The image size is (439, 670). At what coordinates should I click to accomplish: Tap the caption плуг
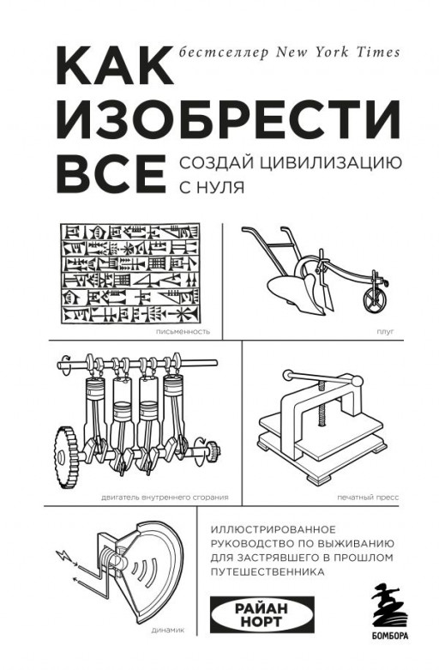[385, 329]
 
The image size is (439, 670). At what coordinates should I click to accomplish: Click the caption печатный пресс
[375, 497]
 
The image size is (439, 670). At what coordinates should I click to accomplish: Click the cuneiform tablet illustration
[130, 271]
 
